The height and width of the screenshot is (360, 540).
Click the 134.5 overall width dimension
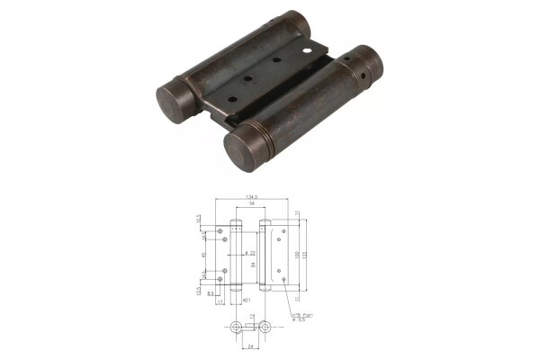pos(251,198)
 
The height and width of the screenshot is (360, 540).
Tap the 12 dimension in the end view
pos(253,317)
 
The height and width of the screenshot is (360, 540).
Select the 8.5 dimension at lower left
pos(211,293)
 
